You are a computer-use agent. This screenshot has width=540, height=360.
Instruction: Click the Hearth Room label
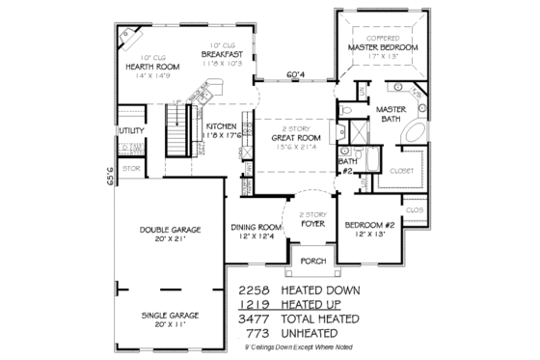pos(148,67)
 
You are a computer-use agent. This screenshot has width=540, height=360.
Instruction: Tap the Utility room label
pos(130,129)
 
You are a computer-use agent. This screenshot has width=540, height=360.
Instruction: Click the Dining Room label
pos(256,228)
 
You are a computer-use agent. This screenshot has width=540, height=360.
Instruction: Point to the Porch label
pos(310,261)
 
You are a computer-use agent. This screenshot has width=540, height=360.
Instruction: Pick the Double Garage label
pos(170,230)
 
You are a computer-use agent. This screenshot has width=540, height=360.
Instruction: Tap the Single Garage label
pos(170,316)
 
